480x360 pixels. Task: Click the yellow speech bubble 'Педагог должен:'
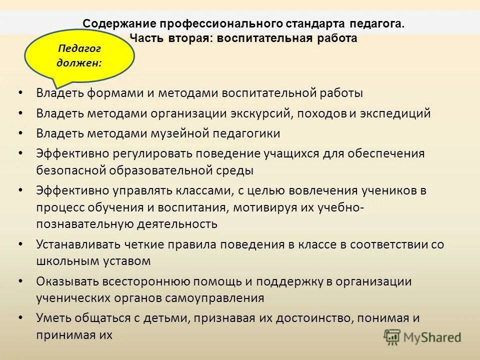click(x=79, y=56)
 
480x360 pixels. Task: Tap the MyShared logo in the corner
click(x=423, y=337)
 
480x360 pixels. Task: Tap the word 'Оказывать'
click(x=64, y=281)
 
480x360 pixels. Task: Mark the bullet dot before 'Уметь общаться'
click(x=19, y=318)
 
